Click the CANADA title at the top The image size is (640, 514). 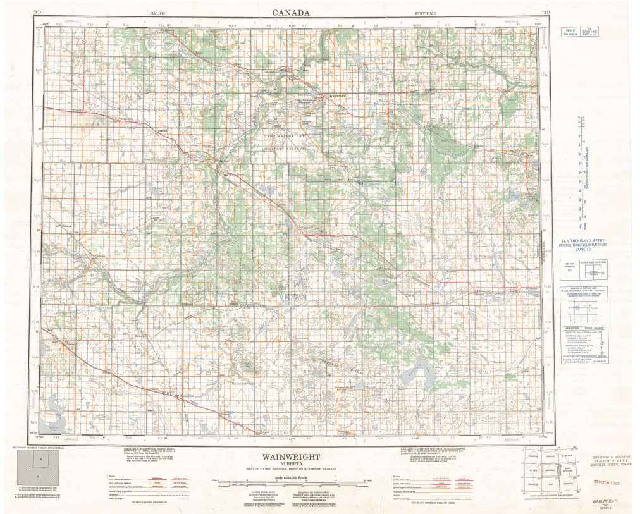tap(291, 13)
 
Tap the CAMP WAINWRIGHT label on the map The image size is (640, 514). tap(285, 135)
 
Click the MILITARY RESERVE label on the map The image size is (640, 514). tap(285, 147)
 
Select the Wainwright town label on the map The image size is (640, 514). tap(335, 96)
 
